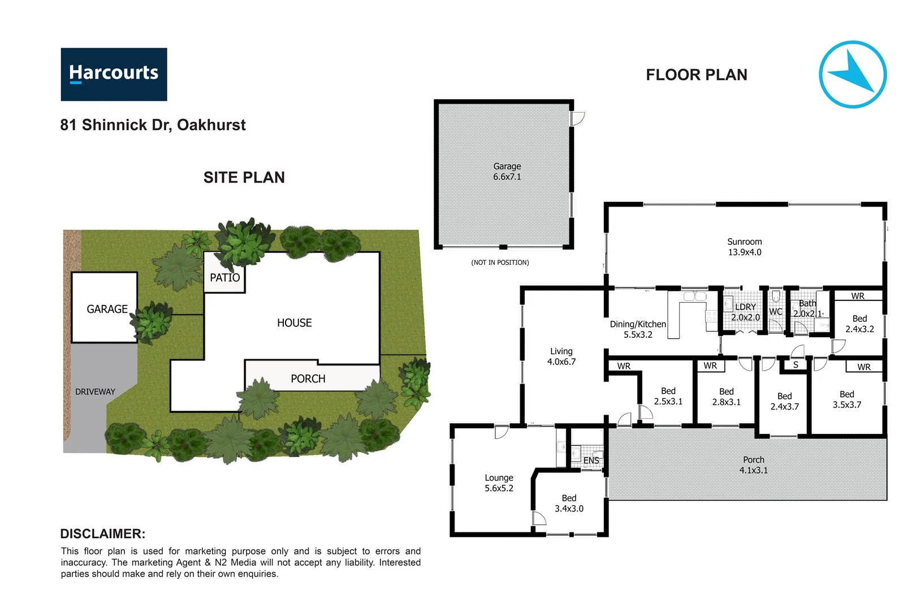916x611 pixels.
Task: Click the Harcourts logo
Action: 114,74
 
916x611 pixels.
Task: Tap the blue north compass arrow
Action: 852,74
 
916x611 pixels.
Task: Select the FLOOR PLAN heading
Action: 696,75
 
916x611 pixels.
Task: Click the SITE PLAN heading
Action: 244,178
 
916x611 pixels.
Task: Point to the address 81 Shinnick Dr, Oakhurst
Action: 153,125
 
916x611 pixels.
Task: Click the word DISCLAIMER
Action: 102,533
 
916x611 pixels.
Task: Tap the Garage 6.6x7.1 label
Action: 507,171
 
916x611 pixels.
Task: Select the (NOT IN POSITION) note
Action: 500,263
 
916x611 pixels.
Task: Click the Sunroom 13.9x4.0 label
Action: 744,247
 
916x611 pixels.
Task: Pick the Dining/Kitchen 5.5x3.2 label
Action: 638,329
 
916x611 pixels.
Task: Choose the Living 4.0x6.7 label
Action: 561,356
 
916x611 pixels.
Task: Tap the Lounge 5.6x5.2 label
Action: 499,483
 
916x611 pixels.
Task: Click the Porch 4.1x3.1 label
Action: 753,465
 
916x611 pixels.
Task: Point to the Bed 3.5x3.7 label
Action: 846,399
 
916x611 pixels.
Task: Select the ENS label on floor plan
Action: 591,461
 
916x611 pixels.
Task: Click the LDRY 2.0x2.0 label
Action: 745,312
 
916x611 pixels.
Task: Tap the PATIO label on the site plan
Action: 224,278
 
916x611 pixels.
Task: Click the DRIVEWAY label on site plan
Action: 95,391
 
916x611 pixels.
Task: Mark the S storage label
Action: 796,365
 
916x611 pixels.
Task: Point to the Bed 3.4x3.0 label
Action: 569,504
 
